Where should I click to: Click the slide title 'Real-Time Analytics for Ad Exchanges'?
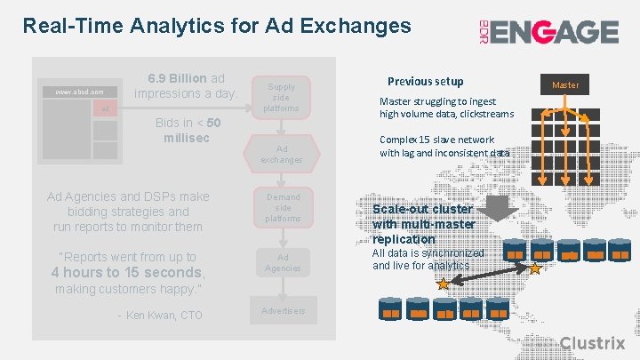(217, 26)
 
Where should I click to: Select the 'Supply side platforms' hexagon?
(282, 98)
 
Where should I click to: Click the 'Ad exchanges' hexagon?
(282, 154)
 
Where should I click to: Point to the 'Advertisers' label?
(283, 311)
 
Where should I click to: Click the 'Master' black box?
(565, 84)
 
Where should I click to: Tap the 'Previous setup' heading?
(425, 81)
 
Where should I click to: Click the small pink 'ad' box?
(105, 108)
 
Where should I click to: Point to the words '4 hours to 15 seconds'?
(127, 273)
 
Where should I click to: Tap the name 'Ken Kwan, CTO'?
(164, 316)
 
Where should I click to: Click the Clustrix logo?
(593, 342)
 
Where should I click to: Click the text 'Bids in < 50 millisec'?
(188, 130)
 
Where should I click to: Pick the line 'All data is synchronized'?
(428, 253)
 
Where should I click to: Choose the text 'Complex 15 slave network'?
(437, 140)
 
